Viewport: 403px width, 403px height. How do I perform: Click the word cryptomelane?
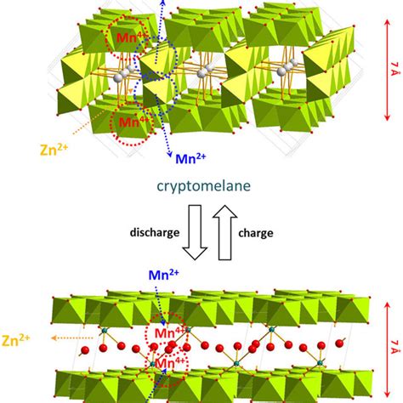[x=204, y=186]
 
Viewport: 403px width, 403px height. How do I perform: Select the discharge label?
[x=155, y=232]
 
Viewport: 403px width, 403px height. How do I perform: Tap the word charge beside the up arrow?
[x=256, y=233]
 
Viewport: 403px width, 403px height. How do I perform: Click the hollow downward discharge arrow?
[x=195, y=232]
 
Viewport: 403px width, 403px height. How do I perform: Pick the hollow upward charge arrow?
[x=225, y=232]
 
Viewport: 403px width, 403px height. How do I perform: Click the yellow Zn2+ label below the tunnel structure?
[x=54, y=150]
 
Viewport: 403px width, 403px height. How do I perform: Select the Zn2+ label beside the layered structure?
[x=15, y=340]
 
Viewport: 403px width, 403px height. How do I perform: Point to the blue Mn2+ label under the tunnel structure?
[x=190, y=159]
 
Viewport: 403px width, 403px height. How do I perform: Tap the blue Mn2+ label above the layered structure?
[x=164, y=275]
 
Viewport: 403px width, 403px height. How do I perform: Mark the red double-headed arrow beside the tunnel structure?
[x=387, y=71]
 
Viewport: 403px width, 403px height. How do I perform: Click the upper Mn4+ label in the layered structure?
[x=169, y=333]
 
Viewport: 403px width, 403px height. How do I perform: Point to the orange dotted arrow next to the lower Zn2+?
[x=72, y=338]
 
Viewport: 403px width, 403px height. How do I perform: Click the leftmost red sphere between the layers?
[x=85, y=350]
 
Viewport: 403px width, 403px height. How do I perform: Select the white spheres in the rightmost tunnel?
[x=288, y=67]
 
